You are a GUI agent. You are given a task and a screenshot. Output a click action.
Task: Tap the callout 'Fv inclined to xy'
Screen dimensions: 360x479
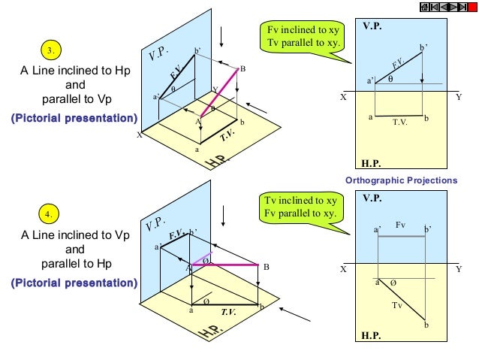[x=303, y=30]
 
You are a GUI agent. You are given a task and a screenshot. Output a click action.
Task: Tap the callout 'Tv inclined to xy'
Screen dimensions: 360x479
[x=300, y=201]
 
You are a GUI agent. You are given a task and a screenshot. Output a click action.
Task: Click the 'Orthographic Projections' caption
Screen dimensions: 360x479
[x=400, y=181]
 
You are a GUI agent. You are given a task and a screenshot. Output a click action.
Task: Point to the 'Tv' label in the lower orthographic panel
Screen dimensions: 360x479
[x=398, y=306]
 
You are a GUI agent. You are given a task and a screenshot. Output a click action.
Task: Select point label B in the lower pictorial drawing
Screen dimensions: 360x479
[x=266, y=268]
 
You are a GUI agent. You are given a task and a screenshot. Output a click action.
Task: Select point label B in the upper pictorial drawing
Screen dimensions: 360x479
[x=242, y=69]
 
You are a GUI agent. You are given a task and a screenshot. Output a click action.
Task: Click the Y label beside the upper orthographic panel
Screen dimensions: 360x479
[x=459, y=98]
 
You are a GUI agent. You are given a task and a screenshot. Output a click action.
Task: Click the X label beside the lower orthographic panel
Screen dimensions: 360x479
[x=342, y=268]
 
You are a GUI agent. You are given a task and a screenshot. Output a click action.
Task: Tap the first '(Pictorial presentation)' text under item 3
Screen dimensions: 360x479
[x=74, y=119]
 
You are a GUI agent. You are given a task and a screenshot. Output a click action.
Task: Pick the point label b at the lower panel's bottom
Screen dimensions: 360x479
[x=426, y=325]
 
